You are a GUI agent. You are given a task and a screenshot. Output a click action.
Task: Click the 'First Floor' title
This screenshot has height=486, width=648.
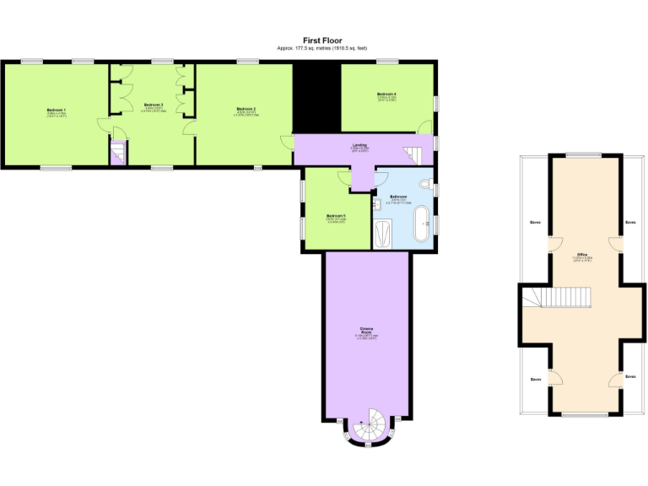pyautogui.click(x=322, y=40)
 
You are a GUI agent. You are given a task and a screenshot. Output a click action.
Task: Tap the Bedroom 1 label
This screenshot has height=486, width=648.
pyautogui.click(x=57, y=110)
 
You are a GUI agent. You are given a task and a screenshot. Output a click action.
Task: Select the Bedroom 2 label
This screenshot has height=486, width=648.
pyautogui.click(x=246, y=109)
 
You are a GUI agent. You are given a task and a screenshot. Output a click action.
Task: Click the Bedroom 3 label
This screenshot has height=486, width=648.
pyautogui.click(x=153, y=105)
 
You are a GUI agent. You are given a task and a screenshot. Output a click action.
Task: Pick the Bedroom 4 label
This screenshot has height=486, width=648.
pyautogui.click(x=387, y=93)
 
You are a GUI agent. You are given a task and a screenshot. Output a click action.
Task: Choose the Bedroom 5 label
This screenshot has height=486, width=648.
pyautogui.click(x=336, y=215)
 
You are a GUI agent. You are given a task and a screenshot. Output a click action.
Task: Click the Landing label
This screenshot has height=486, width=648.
pyautogui.click(x=359, y=145)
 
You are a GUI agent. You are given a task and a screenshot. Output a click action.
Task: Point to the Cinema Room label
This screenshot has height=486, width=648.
pyautogui.click(x=367, y=330)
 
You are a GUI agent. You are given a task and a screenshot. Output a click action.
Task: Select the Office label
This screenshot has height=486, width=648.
pyautogui.click(x=582, y=253)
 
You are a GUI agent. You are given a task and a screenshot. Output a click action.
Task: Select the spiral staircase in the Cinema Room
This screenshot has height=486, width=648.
pyautogui.click(x=367, y=426)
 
